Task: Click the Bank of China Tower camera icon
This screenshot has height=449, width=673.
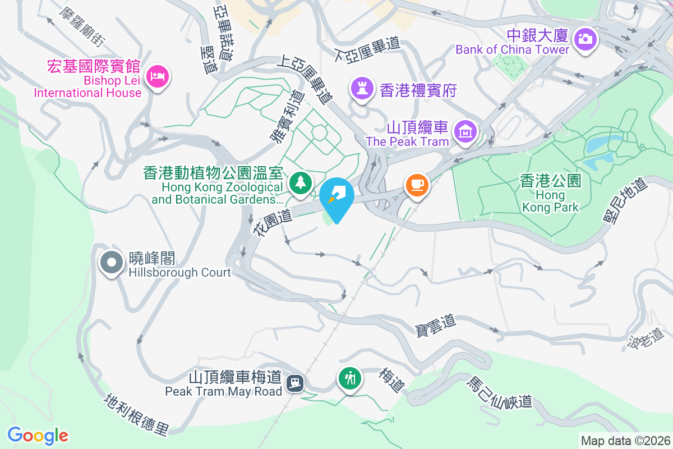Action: click(x=585, y=39)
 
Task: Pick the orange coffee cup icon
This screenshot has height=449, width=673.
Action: click(x=416, y=184)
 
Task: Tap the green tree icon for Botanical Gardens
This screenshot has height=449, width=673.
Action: click(x=301, y=182)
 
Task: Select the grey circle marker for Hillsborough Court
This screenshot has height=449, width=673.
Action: click(x=112, y=262)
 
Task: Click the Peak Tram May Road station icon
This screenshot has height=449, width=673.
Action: click(x=295, y=383)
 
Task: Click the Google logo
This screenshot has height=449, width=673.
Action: click(x=38, y=435)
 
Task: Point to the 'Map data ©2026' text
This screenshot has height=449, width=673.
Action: click(x=625, y=441)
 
